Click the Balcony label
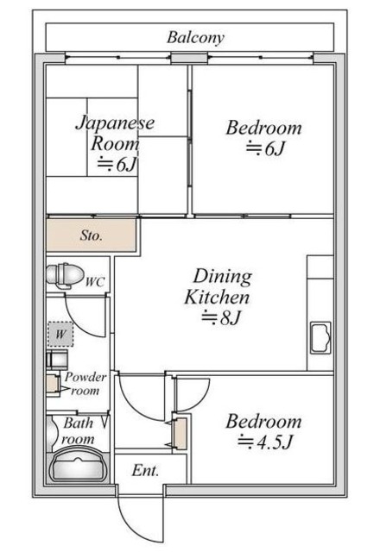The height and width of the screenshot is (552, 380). pyautogui.click(x=195, y=38)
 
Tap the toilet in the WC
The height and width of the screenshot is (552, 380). pyautogui.click(x=65, y=275)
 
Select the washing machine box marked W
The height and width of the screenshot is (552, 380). pyautogui.click(x=60, y=334)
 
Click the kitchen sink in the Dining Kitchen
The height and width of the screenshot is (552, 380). pyautogui.click(x=320, y=337)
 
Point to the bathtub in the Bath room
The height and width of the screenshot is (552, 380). pyautogui.click(x=79, y=465)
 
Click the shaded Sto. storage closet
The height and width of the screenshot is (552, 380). pyautogui.click(x=92, y=235)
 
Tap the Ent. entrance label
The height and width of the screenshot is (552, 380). pyautogui.click(x=145, y=470)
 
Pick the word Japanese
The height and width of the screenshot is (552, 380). pyautogui.click(x=115, y=123)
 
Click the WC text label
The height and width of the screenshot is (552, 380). pyautogui.click(x=95, y=282)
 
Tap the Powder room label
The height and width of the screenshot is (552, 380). pyautogui.click(x=85, y=384)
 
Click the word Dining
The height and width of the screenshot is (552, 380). pyautogui.click(x=223, y=277)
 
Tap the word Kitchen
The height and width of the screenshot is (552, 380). pyautogui.click(x=217, y=297)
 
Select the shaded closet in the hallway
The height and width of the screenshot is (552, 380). pyautogui.click(x=180, y=434)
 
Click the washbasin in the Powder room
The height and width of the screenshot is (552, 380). pyautogui.click(x=57, y=359)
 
